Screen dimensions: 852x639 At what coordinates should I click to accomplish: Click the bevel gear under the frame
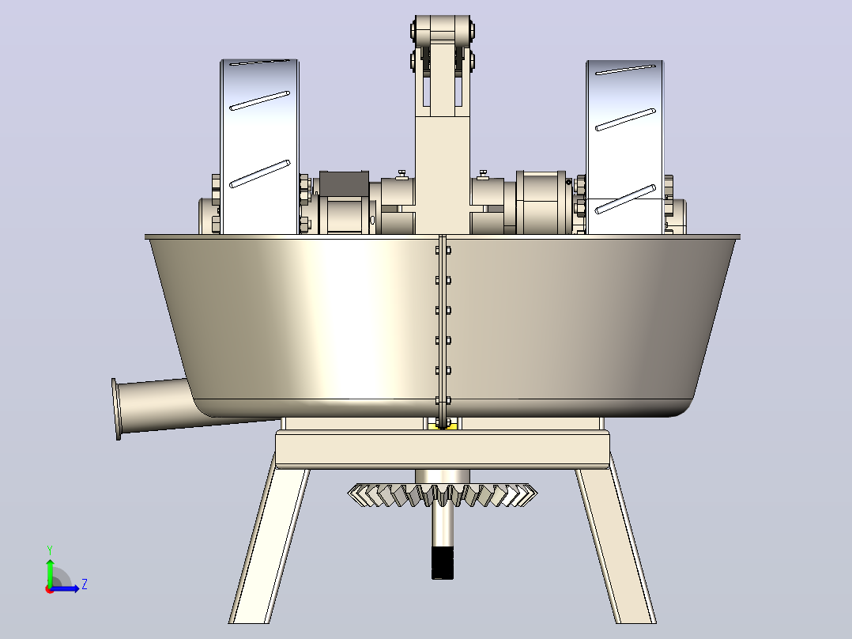pos(443,494)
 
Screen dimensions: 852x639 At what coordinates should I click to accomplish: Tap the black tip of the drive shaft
pos(443,563)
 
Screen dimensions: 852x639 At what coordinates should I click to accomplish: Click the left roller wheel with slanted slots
pos(259,147)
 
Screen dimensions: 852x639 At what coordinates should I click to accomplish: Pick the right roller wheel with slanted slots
pos(625,147)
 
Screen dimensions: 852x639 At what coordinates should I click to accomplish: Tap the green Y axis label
pos(50,550)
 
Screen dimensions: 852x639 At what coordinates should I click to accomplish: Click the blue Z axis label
pos(85,584)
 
